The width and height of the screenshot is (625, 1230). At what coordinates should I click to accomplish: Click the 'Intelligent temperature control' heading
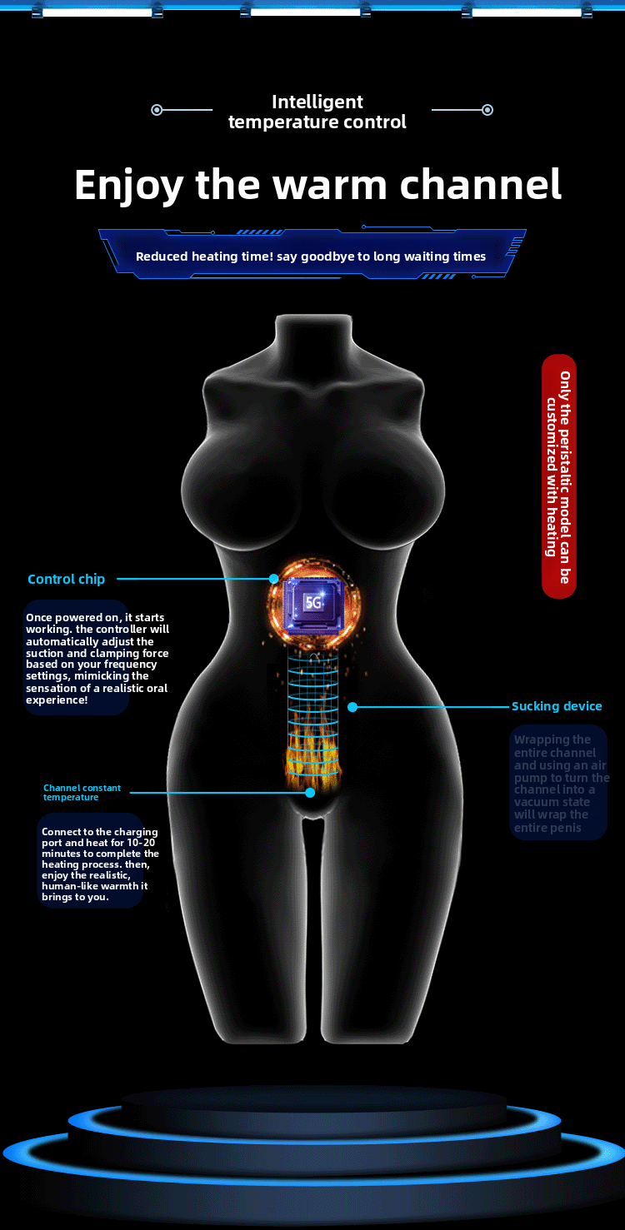[x=317, y=112]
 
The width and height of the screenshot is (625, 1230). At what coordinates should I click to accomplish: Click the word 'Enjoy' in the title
[x=127, y=184]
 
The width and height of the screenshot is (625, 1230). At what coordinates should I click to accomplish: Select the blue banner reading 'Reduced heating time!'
[x=311, y=254]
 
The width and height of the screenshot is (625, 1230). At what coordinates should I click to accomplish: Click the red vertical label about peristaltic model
[x=558, y=476]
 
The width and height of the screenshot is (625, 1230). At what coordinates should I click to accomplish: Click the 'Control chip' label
[x=66, y=579]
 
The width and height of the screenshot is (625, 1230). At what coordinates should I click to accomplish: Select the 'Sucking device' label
[x=557, y=706]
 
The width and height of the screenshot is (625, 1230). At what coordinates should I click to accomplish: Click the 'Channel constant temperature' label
[x=82, y=792]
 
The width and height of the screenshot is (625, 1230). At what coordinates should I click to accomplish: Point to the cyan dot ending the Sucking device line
[x=352, y=707]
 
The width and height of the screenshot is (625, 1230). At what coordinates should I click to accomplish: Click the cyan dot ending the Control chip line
[x=272, y=579]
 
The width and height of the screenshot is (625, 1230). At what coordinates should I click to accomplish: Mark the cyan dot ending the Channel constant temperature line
[x=310, y=793]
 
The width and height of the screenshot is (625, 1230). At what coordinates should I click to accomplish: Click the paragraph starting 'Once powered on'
[x=97, y=659]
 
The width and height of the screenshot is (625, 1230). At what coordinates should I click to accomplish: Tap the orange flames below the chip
[x=312, y=749]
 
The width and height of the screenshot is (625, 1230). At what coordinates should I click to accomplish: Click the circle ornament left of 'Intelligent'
[x=157, y=110]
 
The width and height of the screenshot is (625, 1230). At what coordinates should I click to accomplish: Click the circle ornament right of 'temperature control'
[x=487, y=110]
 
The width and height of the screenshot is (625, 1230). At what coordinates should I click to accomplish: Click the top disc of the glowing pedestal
[x=313, y=1099]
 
